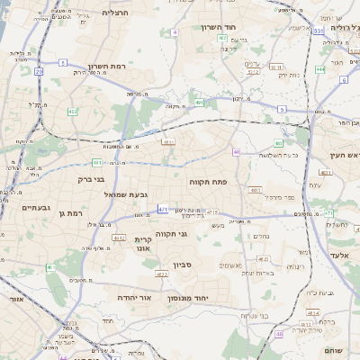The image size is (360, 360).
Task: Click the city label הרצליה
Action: click(116, 13)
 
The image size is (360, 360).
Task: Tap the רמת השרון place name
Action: click(111, 67)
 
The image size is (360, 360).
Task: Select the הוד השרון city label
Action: click(214, 28)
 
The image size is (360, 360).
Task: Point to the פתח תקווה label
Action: click(208, 182)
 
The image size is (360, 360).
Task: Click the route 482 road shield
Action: click(72, 112)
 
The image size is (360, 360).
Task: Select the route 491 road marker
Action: click(199, 103)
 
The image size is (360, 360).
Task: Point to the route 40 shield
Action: click(237, 152)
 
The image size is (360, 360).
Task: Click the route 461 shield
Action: click(50, 268)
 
